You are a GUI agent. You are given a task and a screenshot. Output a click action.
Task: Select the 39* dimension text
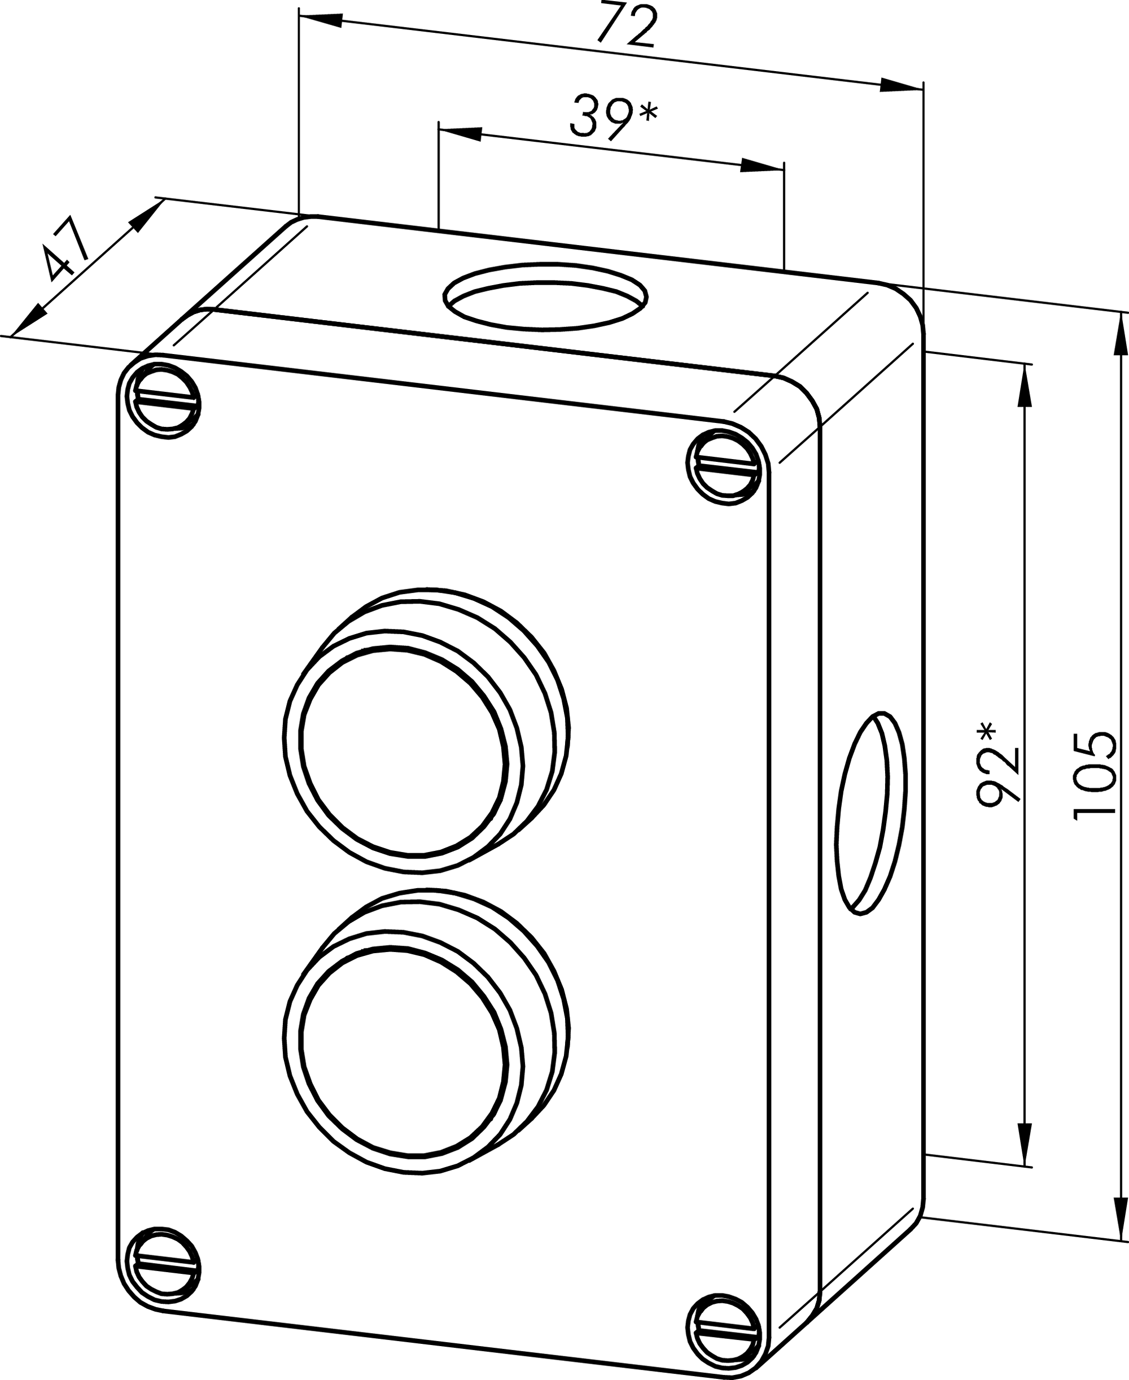coord(613,116)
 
